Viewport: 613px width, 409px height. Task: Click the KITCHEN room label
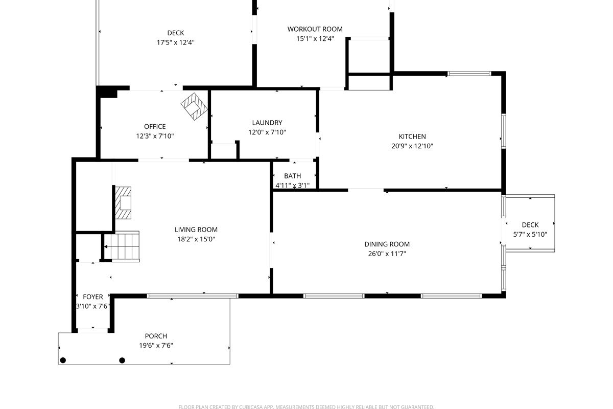(412, 137)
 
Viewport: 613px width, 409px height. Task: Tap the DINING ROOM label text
(387, 244)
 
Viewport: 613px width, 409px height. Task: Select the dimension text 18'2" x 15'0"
(196, 239)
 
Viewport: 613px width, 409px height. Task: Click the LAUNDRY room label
(267, 123)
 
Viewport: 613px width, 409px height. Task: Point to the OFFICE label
(155, 127)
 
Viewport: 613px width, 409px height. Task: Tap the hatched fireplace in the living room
(123, 203)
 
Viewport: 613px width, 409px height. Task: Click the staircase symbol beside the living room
(123, 246)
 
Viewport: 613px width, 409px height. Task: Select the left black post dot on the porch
(63, 360)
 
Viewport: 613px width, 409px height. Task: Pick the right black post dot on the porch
(122, 360)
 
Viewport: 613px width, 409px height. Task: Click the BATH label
(292, 176)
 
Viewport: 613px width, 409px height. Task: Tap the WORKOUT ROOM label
(315, 29)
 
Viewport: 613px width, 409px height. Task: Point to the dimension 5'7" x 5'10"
(530, 235)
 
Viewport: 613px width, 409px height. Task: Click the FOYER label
(93, 297)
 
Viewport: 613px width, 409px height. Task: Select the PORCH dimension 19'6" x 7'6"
(156, 345)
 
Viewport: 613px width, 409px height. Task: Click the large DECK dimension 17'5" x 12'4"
(175, 42)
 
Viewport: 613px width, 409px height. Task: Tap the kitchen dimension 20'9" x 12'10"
(412, 146)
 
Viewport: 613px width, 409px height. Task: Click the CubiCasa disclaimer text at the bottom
(306, 407)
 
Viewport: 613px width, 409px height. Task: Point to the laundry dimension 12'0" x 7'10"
(267, 132)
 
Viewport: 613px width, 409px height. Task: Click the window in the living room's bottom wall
(193, 296)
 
